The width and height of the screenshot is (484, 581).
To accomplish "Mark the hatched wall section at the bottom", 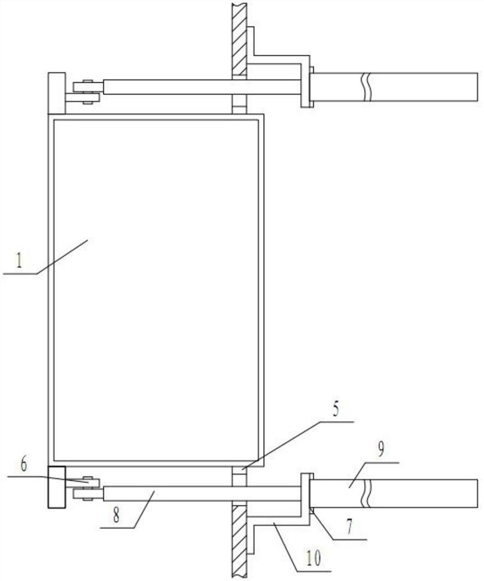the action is [x=239, y=540].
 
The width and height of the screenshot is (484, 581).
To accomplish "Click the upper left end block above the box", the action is [x=56, y=93].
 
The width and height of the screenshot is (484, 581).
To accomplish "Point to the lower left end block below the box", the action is [x=56, y=487].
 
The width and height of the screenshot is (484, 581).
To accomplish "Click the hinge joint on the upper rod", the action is [x=87, y=92].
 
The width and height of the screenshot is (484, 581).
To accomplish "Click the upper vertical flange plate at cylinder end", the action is [x=305, y=87].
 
